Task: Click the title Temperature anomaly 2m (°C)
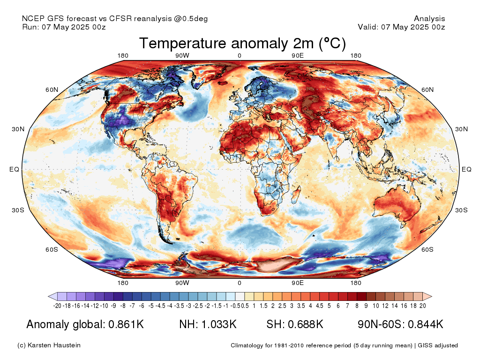pyautogui.click(x=242, y=43)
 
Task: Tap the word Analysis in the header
pyautogui.click(x=429, y=19)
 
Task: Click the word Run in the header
pyautogui.click(x=30, y=27)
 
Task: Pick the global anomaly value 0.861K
pyautogui.click(x=126, y=324)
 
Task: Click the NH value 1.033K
pyautogui.click(x=219, y=324)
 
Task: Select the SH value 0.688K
pyautogui.click(x=306, y=324)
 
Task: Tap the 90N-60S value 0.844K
pyautogui.click(x=426, y=324)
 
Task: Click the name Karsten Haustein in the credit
pyautogui.click(x=54, y=345)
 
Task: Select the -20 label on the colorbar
pyautogui.click(x=57, y=306)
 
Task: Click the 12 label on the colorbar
pyautogui.click(x=385, y=306)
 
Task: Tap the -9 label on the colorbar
pyautogui.click(x=113, y=306)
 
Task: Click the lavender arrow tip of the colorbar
pyautogui.click(x=49, y=296)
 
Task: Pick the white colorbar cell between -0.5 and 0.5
pyautogui.click(x=240, y=296)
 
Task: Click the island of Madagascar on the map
pyautogui.click(x=295, y=195)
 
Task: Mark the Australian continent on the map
pyautogui.click(x=397, y=204)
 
